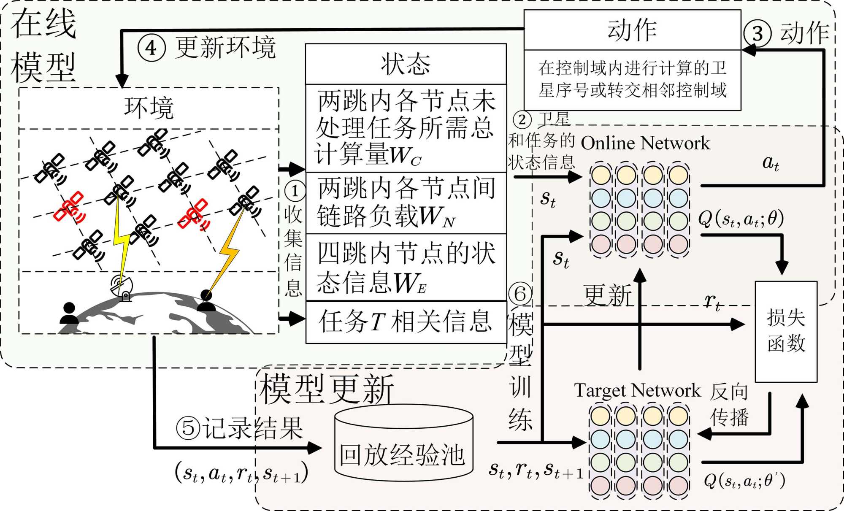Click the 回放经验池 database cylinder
[403, 443]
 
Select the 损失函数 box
[786, 332]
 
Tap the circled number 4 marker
[151, 48]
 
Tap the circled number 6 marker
[520, 294]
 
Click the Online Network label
[645, 143]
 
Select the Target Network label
[637, 390]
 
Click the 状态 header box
[406, 64]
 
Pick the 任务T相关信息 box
[406, 322]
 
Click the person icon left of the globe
[69, 313]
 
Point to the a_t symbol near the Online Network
[771, 162]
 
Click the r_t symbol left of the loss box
[713, 301]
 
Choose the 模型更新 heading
[327, 389]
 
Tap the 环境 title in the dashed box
[149, 108]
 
